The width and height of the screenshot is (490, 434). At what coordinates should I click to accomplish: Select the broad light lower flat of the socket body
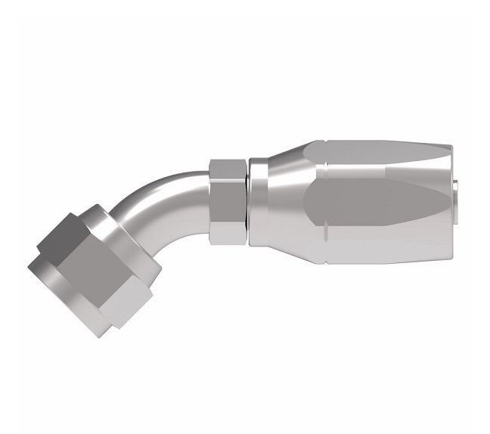[378, 242]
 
